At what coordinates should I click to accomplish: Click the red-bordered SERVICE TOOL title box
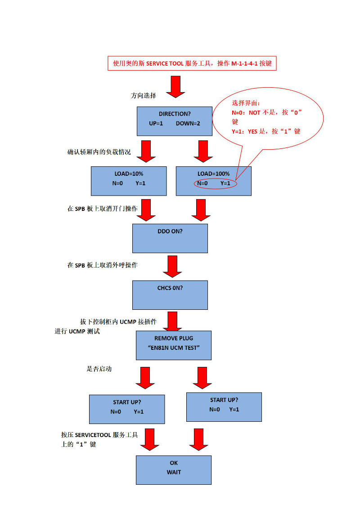click(192, 63)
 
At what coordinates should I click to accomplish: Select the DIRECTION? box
click(174, 121)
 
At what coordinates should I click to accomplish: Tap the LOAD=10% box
click(129, 181)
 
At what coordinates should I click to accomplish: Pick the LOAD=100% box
click(213, 181)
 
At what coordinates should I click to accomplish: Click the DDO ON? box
click(170, 238)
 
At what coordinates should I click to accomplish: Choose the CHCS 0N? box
click(170, 295)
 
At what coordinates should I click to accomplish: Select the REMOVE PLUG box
click(173, 345)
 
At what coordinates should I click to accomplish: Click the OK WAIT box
click(173, 469)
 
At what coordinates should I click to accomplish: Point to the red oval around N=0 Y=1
click(216, 183)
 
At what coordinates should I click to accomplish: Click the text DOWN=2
click(188, 123)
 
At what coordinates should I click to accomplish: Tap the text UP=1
click(156, 123)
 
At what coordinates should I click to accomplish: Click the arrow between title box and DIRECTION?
click(175, 87)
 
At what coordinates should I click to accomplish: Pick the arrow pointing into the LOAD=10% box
click(145, 151)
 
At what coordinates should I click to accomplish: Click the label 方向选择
click(144, 96)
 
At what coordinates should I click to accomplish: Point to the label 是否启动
click(99, 369)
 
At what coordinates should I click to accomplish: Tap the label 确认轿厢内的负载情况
click(99, 152)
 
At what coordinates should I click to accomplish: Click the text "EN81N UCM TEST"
click(173, 348)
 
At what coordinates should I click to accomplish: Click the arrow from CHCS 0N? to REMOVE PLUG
click(172, 321)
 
